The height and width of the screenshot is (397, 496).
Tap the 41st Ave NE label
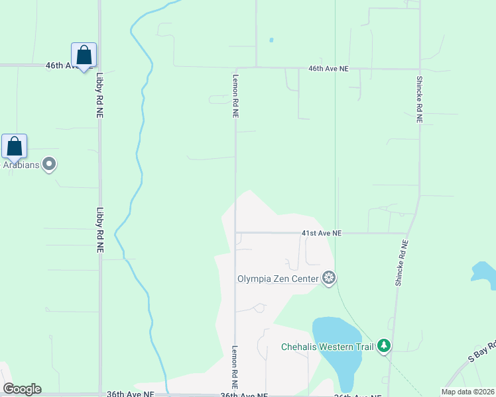pos(321,234)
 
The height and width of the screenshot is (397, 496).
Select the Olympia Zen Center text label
pos(278,279)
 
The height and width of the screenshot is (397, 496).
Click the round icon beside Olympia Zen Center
pos(329,278)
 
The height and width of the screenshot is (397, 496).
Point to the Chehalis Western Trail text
pos(327,347)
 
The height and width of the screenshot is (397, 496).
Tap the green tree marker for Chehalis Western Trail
pos(383,345)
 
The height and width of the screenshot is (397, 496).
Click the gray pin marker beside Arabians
pos(49,163)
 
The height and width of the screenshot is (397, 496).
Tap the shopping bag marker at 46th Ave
pos(84,56)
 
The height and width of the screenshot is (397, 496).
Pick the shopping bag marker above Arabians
pos(14,147)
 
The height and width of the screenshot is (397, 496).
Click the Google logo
pos(22,389)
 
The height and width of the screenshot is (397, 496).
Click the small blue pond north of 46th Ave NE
pos(271,40)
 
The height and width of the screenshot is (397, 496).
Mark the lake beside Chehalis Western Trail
pos(338,351)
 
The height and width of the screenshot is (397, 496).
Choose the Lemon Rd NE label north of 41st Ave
pos(235,95)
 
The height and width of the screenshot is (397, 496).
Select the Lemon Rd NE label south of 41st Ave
pos(234,367)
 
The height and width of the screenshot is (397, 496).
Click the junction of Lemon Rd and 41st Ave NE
pos(235,233)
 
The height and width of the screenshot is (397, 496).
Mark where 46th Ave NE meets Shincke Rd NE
pos(419,68)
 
